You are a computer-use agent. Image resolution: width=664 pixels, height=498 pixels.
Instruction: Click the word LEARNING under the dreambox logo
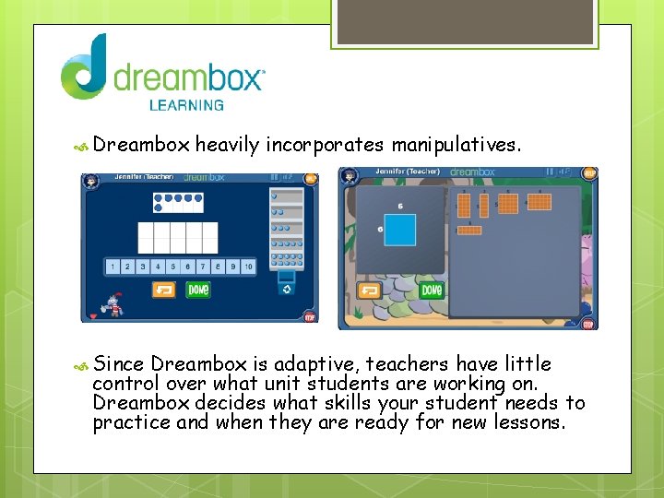[x=186, y=104]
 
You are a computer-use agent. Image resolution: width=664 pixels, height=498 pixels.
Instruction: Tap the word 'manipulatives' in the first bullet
[x=455, y=145]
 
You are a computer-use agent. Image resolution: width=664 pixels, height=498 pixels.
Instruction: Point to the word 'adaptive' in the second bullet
[x=365, y=364]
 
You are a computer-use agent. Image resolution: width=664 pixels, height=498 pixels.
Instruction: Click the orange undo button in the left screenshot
[x=164, y=290]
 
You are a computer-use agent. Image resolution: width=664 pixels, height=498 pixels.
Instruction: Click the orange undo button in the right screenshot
[x=369, y=290]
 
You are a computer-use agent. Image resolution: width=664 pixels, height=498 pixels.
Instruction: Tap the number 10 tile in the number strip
[x=248, y=267]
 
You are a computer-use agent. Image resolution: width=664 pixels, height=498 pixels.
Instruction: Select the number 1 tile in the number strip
[x=113, y=267]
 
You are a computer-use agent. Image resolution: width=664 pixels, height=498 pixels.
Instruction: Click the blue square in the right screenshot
[x=400, y=231]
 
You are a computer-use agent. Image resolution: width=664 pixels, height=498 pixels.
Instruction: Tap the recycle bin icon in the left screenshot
[x=286, y=289]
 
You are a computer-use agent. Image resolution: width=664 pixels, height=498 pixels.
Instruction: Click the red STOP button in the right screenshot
[x=587, y=324]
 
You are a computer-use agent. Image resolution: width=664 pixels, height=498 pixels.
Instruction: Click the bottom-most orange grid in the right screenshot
[x=469, y=231]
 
